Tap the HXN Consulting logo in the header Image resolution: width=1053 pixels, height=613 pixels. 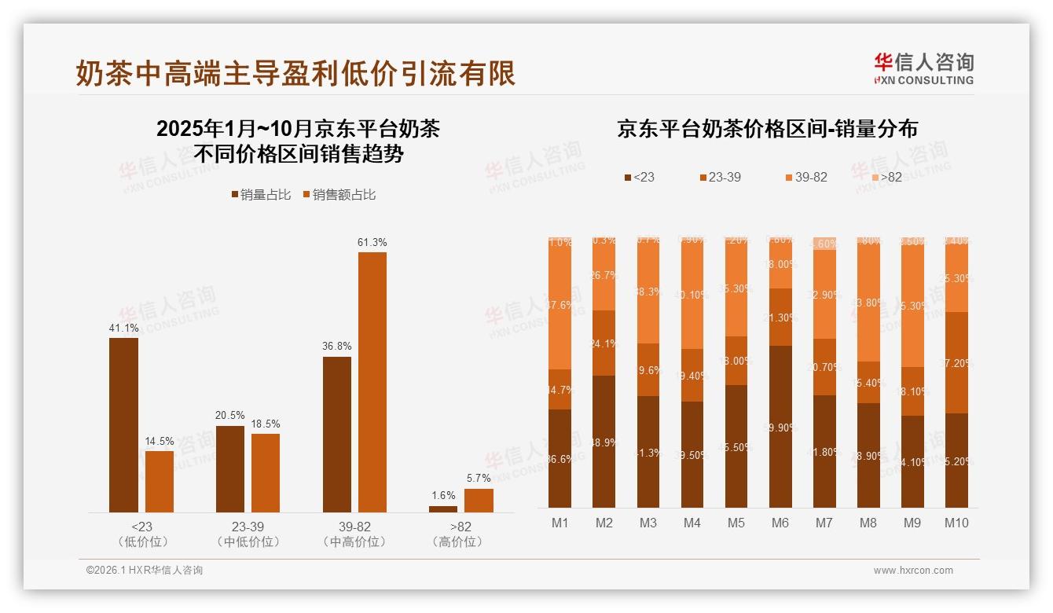[923, 68]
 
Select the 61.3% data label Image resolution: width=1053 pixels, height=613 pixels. [372, 242]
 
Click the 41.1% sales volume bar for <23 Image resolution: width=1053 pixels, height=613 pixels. [123, 424]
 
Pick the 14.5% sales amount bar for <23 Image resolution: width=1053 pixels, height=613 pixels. [160, 481]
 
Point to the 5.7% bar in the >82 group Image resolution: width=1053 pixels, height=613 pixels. [479, 501]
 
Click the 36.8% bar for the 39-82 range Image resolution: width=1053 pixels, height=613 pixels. [337, 434]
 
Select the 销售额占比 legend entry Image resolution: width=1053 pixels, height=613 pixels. [339, 195]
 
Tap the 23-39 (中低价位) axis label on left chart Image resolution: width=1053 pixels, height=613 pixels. [248, 534]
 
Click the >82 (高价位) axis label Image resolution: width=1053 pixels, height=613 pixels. [461, 534]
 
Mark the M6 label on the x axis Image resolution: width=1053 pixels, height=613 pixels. [780, 523]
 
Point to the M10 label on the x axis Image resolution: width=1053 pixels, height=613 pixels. [956, 523]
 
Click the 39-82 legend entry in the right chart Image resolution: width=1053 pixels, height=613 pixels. [805, 178]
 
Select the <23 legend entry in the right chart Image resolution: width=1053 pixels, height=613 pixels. [638, 178]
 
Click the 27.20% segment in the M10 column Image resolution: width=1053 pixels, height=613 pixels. [956, 362]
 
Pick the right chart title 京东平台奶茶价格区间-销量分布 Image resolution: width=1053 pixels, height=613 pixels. [767, 129]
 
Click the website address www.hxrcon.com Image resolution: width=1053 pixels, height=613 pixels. [913, 571]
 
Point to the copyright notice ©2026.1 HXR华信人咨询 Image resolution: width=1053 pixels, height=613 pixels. [145, 571]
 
